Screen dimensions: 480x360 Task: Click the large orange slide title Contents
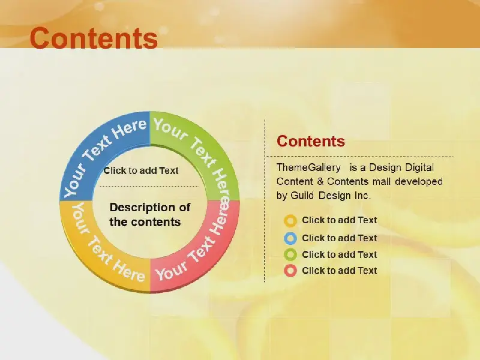[x=94, y=38]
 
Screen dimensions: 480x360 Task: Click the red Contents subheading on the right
[x=311, y=141]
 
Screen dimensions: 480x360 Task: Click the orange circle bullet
[x=290, y=221]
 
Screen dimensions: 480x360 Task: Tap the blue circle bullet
[x=290, y=238]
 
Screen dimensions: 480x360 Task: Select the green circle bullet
[x=290, y=254]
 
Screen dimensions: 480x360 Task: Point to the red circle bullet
[x=290, y=271]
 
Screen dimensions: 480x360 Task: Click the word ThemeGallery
[x=308, y=167]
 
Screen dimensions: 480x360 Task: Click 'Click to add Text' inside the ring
[x=141, y=170]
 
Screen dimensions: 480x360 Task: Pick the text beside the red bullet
[x=340, y=271]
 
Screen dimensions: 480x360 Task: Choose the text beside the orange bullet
[x=340, y=220]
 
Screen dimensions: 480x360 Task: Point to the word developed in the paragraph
[x=419, y=182]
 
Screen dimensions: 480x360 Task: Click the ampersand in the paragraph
[x=320, y=182]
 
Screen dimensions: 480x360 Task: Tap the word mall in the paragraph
[x=382, y=182]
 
